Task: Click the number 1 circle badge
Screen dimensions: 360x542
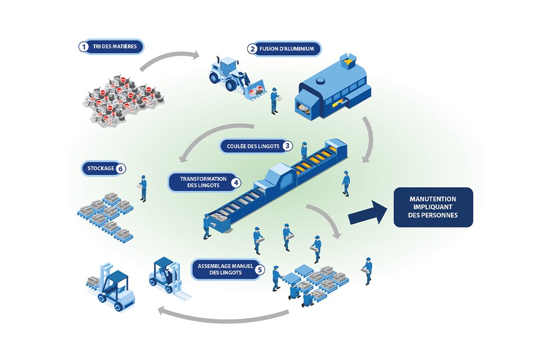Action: (x=83, y=47)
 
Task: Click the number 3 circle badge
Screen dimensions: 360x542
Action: (x=287, y=146)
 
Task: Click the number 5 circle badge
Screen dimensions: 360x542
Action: (x=259, y=269)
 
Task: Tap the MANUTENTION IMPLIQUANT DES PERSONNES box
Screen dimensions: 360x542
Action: (x=433, y=207)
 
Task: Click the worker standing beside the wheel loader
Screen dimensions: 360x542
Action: (x=274, y=100)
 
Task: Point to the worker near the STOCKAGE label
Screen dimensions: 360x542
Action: (x=143, y=187)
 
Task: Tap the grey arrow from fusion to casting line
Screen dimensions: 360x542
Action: (x=368, y=139)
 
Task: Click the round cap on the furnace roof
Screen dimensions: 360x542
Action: (x=320, y=82)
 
